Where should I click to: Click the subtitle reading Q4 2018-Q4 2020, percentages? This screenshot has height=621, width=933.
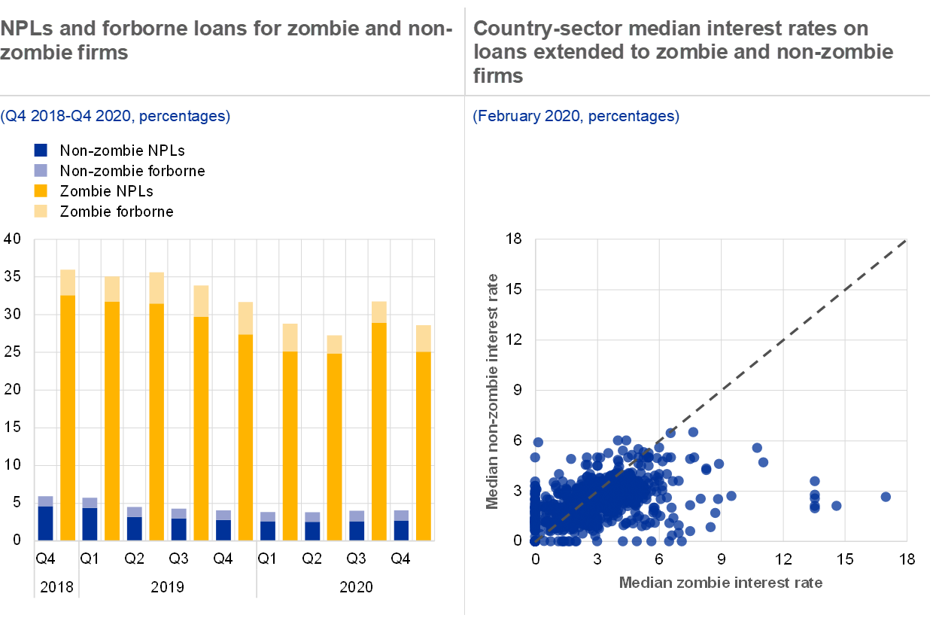pyautogui.click(x=115, y=116)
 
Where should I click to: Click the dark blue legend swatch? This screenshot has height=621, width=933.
pyautogui.click(x=41, y=150)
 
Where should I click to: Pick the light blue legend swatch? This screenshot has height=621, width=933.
pyautogui.click(x=41, y=170)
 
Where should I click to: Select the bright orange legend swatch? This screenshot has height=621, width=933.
pyautogui.click(x=41, y=190)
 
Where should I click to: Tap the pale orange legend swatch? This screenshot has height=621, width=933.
pyautogui.click(x=41, y=211)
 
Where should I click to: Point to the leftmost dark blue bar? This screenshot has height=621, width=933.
pyautogui.click(x=46, y=523)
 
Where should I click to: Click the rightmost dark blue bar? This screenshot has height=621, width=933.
pyautogui.click(x=401, y=530)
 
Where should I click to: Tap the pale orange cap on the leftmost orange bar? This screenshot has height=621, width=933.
pyautogui.click(x=68, y=282)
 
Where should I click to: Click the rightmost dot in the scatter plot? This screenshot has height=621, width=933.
pyautogui.click(x=886, y=497)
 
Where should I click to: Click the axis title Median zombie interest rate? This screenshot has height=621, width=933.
pyautogui.click(x=720, y=583)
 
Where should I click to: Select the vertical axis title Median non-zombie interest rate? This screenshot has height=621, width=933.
pyautogui.click(x=493, y=391)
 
